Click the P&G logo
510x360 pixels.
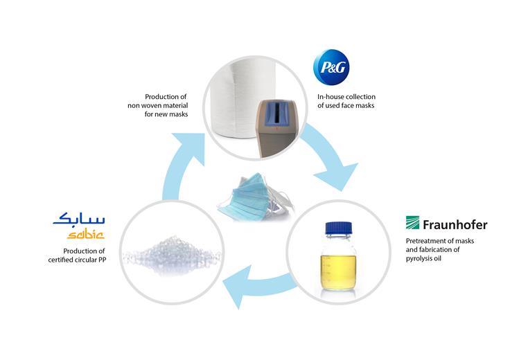pyautogui.click(x=331, y=67)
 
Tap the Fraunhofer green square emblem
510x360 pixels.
pyautogui.click(x=412, y=222)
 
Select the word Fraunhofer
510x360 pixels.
pyautogui.click(x=455, y=224)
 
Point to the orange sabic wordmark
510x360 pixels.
pyautogui.click(x=85, y=234)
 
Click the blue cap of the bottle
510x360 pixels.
pyautogui.click(x=339, y=228)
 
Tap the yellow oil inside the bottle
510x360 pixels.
pyautogui.click(x=339, y=272)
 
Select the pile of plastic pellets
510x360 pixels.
pyautogui.click(x=173, y=254)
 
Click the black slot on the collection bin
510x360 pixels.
pyautogui.click(x=276, y=114)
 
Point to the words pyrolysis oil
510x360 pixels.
pyautogui.click(x=423, y=259)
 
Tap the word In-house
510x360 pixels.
pyautogui.click(x=328, y=96)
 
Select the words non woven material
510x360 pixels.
pyautogui.click(x=158, y=105)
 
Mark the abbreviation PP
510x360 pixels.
pyautogui.click(x=102, y=260)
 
